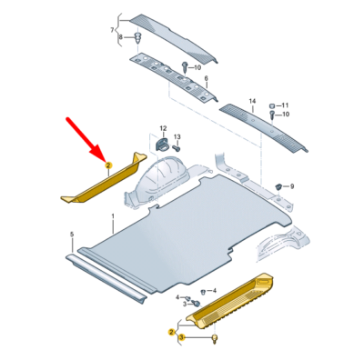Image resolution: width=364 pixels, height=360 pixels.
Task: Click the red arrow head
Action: pyautogui.click(x=99, y=153)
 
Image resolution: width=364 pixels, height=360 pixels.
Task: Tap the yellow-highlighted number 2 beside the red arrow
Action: pyautogui.click(x=108, y=165)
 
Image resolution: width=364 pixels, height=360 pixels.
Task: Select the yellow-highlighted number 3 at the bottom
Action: pyautogui.click(x=182, y=337)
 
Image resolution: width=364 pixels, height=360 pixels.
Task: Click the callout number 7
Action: pyautogui.click(x=112, y=30)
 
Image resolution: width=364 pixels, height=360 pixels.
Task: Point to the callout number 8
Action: pyautogui.click(x=120, y=37)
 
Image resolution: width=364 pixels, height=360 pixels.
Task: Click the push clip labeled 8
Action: pyautogui.click(x=137, y=37)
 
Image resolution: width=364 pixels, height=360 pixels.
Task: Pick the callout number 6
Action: pyautogui.click(x=207, y=78)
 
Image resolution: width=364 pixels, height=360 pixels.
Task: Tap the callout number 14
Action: pyautogui.click(x=252, y=101)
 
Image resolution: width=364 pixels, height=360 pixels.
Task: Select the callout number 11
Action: pyautogui.click(x=285, y=105)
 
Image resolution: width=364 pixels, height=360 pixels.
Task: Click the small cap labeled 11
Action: pyautogui.click(x=272, y=105)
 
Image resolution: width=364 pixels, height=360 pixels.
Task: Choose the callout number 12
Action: pyautogui.click(x=163, y=128)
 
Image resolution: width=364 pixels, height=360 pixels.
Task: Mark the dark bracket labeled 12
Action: pyautogui.click(x=162, y=144)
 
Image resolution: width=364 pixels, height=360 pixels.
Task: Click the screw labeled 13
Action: pyautogui.click(x=177, y=148)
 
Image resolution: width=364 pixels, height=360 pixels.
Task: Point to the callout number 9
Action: pyautogui.click(x=292, y=186)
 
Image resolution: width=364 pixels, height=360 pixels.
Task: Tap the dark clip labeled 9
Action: pyautogui.click(x=278, y=186)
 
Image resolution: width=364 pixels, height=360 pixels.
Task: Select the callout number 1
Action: pyautogui.click(x=113, y=216)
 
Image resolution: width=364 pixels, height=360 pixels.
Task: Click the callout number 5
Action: pyautogui.click(x=72, y=234)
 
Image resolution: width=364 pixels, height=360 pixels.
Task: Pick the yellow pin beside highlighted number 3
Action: pyautogui.click(x=216, y=338)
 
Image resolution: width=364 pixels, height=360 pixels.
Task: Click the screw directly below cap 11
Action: pyautogui.click(x=272, y=115)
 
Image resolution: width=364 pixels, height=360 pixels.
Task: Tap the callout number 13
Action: pyautogui.click(x=177, y=137)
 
